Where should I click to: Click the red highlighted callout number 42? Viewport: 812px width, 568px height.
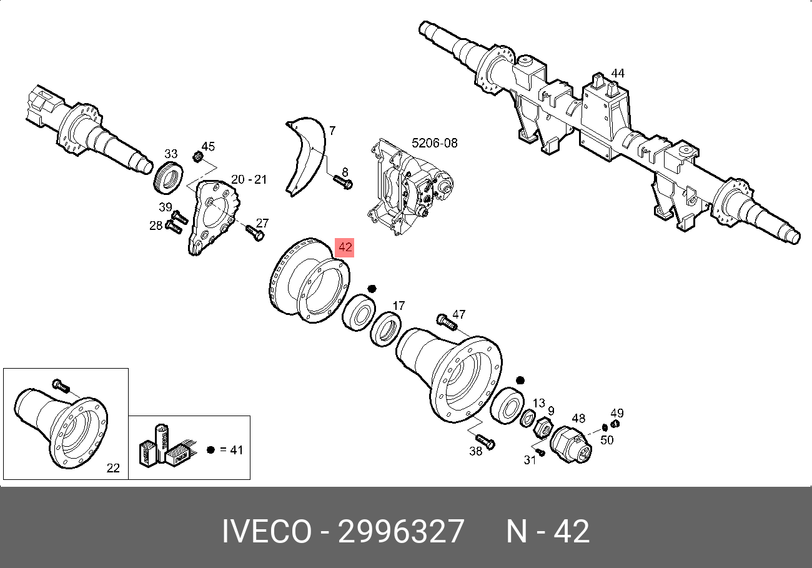coord(344,247)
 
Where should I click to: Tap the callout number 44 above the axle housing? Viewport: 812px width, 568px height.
coord(618,73)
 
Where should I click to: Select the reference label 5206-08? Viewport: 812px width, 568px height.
coord(435,143)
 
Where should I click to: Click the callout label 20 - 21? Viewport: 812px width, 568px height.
coord(249,179)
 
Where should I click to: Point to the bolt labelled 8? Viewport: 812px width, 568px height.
coord(343,182)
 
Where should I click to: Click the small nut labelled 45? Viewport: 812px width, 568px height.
coord(197,157)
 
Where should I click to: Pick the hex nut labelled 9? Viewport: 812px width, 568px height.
coord(543,427)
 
